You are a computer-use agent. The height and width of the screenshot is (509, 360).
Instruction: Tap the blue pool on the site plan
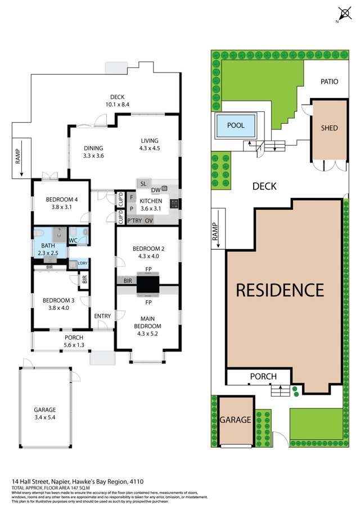coord(235,125)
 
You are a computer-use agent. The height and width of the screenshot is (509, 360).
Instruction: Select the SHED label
coord(329,128)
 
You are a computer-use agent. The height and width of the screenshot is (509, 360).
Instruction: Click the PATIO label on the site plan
coord(330,82)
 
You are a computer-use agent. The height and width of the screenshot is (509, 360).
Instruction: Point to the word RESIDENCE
coord(280,290)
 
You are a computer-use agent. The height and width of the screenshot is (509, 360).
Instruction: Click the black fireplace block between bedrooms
coord(148,285)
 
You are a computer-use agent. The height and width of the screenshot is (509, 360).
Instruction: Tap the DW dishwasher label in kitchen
coord(156,190)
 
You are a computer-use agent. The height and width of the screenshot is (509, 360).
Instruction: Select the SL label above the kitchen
coord(143,183)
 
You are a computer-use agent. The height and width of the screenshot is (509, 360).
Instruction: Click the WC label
coord(73,241)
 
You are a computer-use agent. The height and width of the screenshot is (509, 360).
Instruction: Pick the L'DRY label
coord(82,264)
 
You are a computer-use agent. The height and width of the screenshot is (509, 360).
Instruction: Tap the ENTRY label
coord(102,316)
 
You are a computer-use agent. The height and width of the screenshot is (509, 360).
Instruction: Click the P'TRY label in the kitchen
coord(134,220)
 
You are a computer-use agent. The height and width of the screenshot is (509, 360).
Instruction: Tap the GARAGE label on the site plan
coord(234,420)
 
